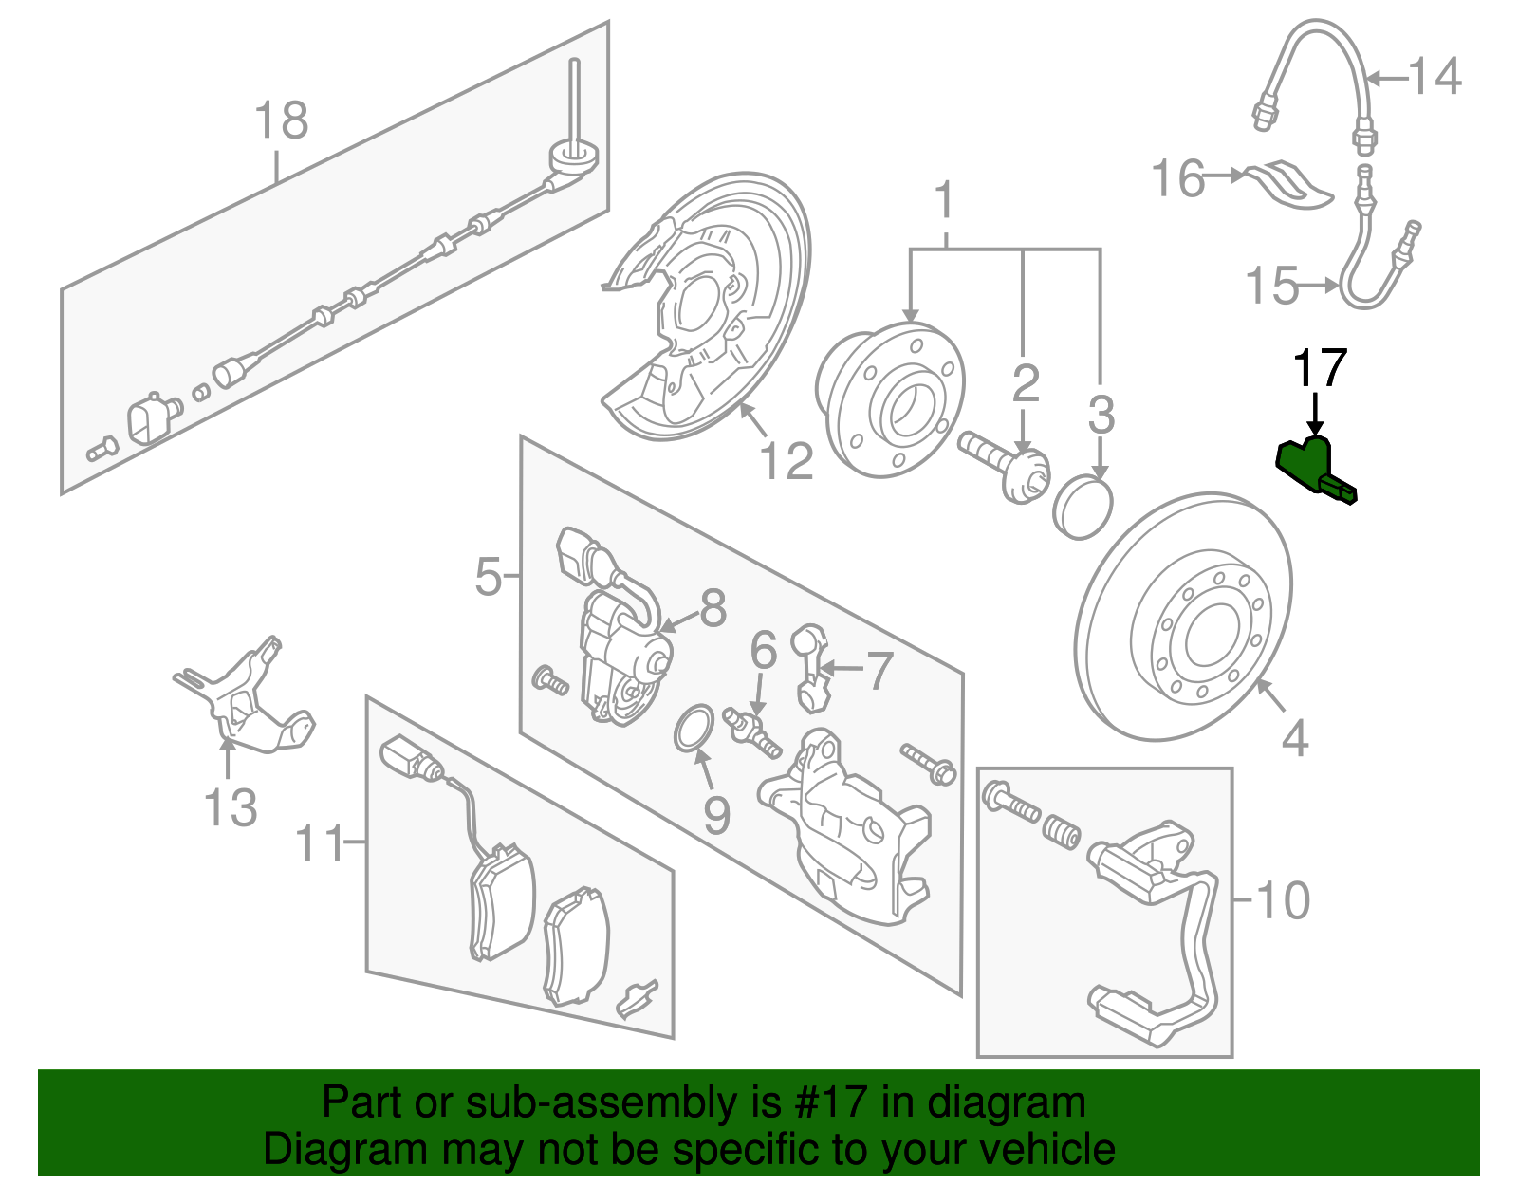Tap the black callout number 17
point(1320,369)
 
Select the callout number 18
point(282,121)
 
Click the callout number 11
point(321,842)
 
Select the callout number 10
point(1282,900)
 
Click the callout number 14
point(1434,77)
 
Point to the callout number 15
point(1271,285)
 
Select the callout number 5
point(488,576)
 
